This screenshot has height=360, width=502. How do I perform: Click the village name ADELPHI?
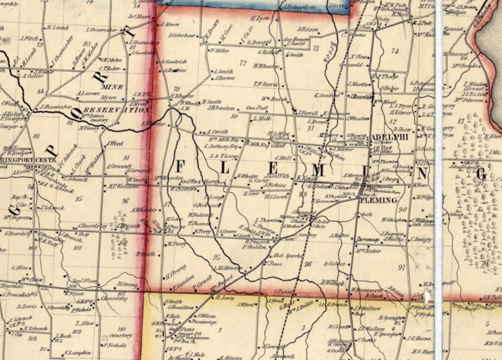pyautogui.click(x=390, y=137)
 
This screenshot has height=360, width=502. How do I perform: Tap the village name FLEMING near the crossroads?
pyautogui.click(x=378, y=200)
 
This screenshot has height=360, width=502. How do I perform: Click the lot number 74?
pyautogui.click(x=395, y=51)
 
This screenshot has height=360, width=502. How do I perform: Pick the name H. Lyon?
pyautogui.click(x=259, y=19)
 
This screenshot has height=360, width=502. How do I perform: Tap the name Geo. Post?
pyautogui.click(x=256, y=108)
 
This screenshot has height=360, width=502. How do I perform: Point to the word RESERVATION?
pyautogui.click(x=116, y=109)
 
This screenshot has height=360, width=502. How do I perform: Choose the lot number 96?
pyautogui.click(x=307, y=264)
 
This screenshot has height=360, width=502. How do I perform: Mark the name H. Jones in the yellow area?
pyautogui.click(x=224, y=297)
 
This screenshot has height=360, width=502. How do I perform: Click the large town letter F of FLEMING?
pyautogui.click(x=180, y=167)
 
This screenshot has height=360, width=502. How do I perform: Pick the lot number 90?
pyautogui.click(x=402, y=210)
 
